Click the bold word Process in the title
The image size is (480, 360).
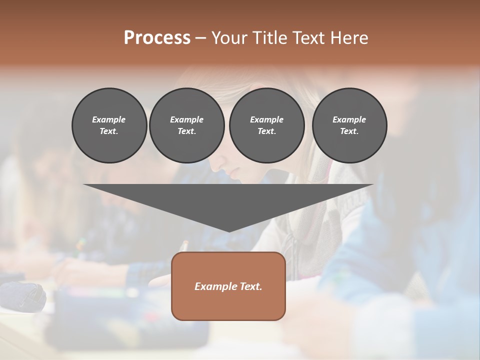click(157, 38)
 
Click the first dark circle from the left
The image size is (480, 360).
click(109, 125)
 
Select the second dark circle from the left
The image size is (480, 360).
click(187, 125)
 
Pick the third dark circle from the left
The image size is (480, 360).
click(267, 125)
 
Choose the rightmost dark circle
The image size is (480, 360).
click(349, 125)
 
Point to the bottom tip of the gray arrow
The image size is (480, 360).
click(229, 231)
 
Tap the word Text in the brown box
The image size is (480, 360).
click(251, 286)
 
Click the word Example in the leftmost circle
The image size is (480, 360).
click(109, 119)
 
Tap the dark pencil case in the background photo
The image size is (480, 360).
click(22, 295)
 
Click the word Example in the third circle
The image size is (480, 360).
click(266, 119)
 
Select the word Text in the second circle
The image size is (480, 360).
click(186, 131)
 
